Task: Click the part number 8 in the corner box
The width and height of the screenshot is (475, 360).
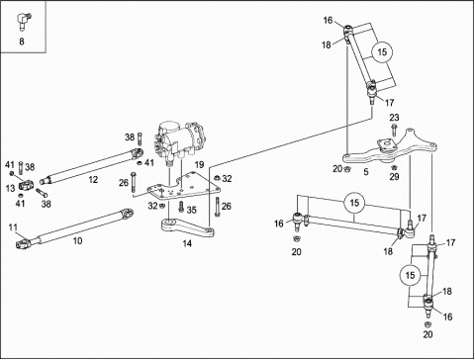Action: pos(22,42)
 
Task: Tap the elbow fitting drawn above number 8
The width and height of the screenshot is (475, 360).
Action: pos(23,21)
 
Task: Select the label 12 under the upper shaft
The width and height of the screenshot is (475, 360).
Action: pos(93,180)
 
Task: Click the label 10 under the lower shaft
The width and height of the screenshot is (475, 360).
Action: pos(77,241)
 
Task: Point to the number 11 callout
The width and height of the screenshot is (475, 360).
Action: pos(13,227)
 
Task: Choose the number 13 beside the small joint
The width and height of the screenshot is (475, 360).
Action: pos(10,188)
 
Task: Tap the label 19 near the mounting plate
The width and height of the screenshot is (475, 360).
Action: pos(199,164)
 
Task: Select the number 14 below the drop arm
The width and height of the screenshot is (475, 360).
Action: pos(187,243)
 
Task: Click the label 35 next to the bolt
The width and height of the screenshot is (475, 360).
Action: pos(192,210)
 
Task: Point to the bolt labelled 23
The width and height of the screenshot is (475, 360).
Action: pos(393,130)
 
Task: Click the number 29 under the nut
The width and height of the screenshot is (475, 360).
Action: pos(394,177)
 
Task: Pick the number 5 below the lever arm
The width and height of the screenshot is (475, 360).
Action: pos(366,172)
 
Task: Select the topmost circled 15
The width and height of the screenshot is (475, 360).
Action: pos(382,52)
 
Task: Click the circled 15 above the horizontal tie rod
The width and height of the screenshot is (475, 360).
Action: pos(354,203)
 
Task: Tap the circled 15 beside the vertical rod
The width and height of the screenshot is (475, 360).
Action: pos(410,275)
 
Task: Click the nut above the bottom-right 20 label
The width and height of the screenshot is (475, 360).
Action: pos(428,323)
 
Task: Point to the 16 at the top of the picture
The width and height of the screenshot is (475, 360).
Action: pos(328,21)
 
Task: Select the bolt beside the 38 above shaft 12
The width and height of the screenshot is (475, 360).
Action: pos(140,138)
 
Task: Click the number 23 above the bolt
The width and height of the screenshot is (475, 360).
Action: pos(394,118)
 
